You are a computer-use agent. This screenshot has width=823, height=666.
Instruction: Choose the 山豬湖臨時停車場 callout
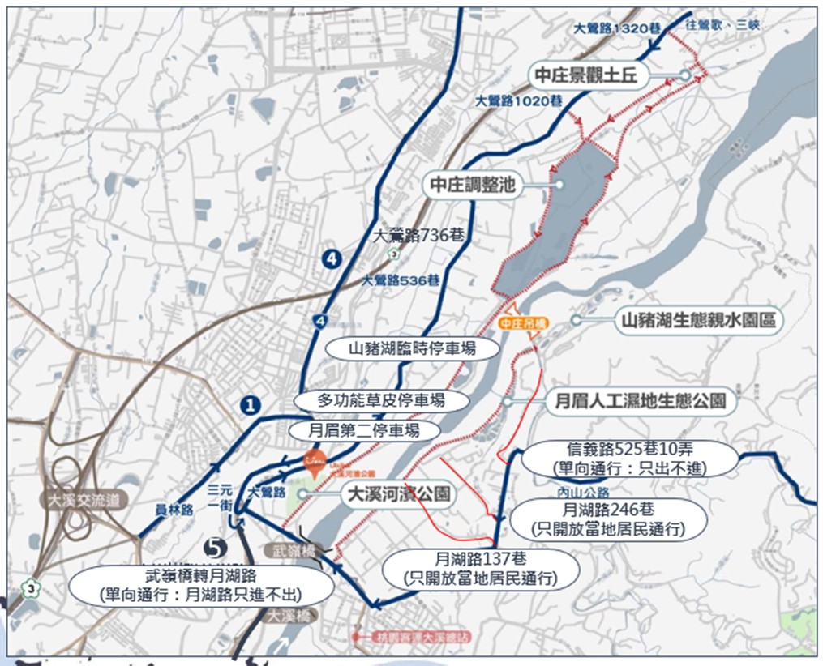point(412,349)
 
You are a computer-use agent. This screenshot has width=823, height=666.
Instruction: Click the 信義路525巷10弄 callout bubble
point(629,459)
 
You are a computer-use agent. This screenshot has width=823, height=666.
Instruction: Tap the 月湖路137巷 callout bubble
point(482,568)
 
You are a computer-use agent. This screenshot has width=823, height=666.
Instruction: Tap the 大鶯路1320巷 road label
point(612,28)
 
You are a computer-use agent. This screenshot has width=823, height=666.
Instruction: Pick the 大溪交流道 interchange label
point(84,500)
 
